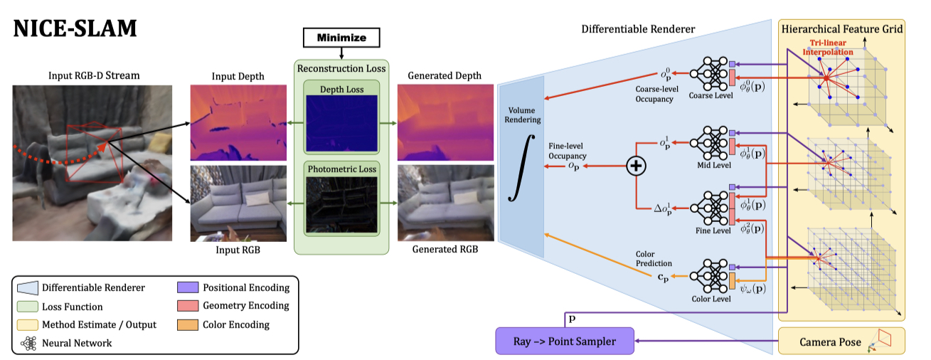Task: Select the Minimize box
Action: point(341,36)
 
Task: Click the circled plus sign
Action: point(635,166)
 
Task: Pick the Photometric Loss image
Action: point(341,206)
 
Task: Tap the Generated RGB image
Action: point(445,203)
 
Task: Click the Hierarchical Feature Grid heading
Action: point(842,29)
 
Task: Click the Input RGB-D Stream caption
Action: point(94,75)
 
